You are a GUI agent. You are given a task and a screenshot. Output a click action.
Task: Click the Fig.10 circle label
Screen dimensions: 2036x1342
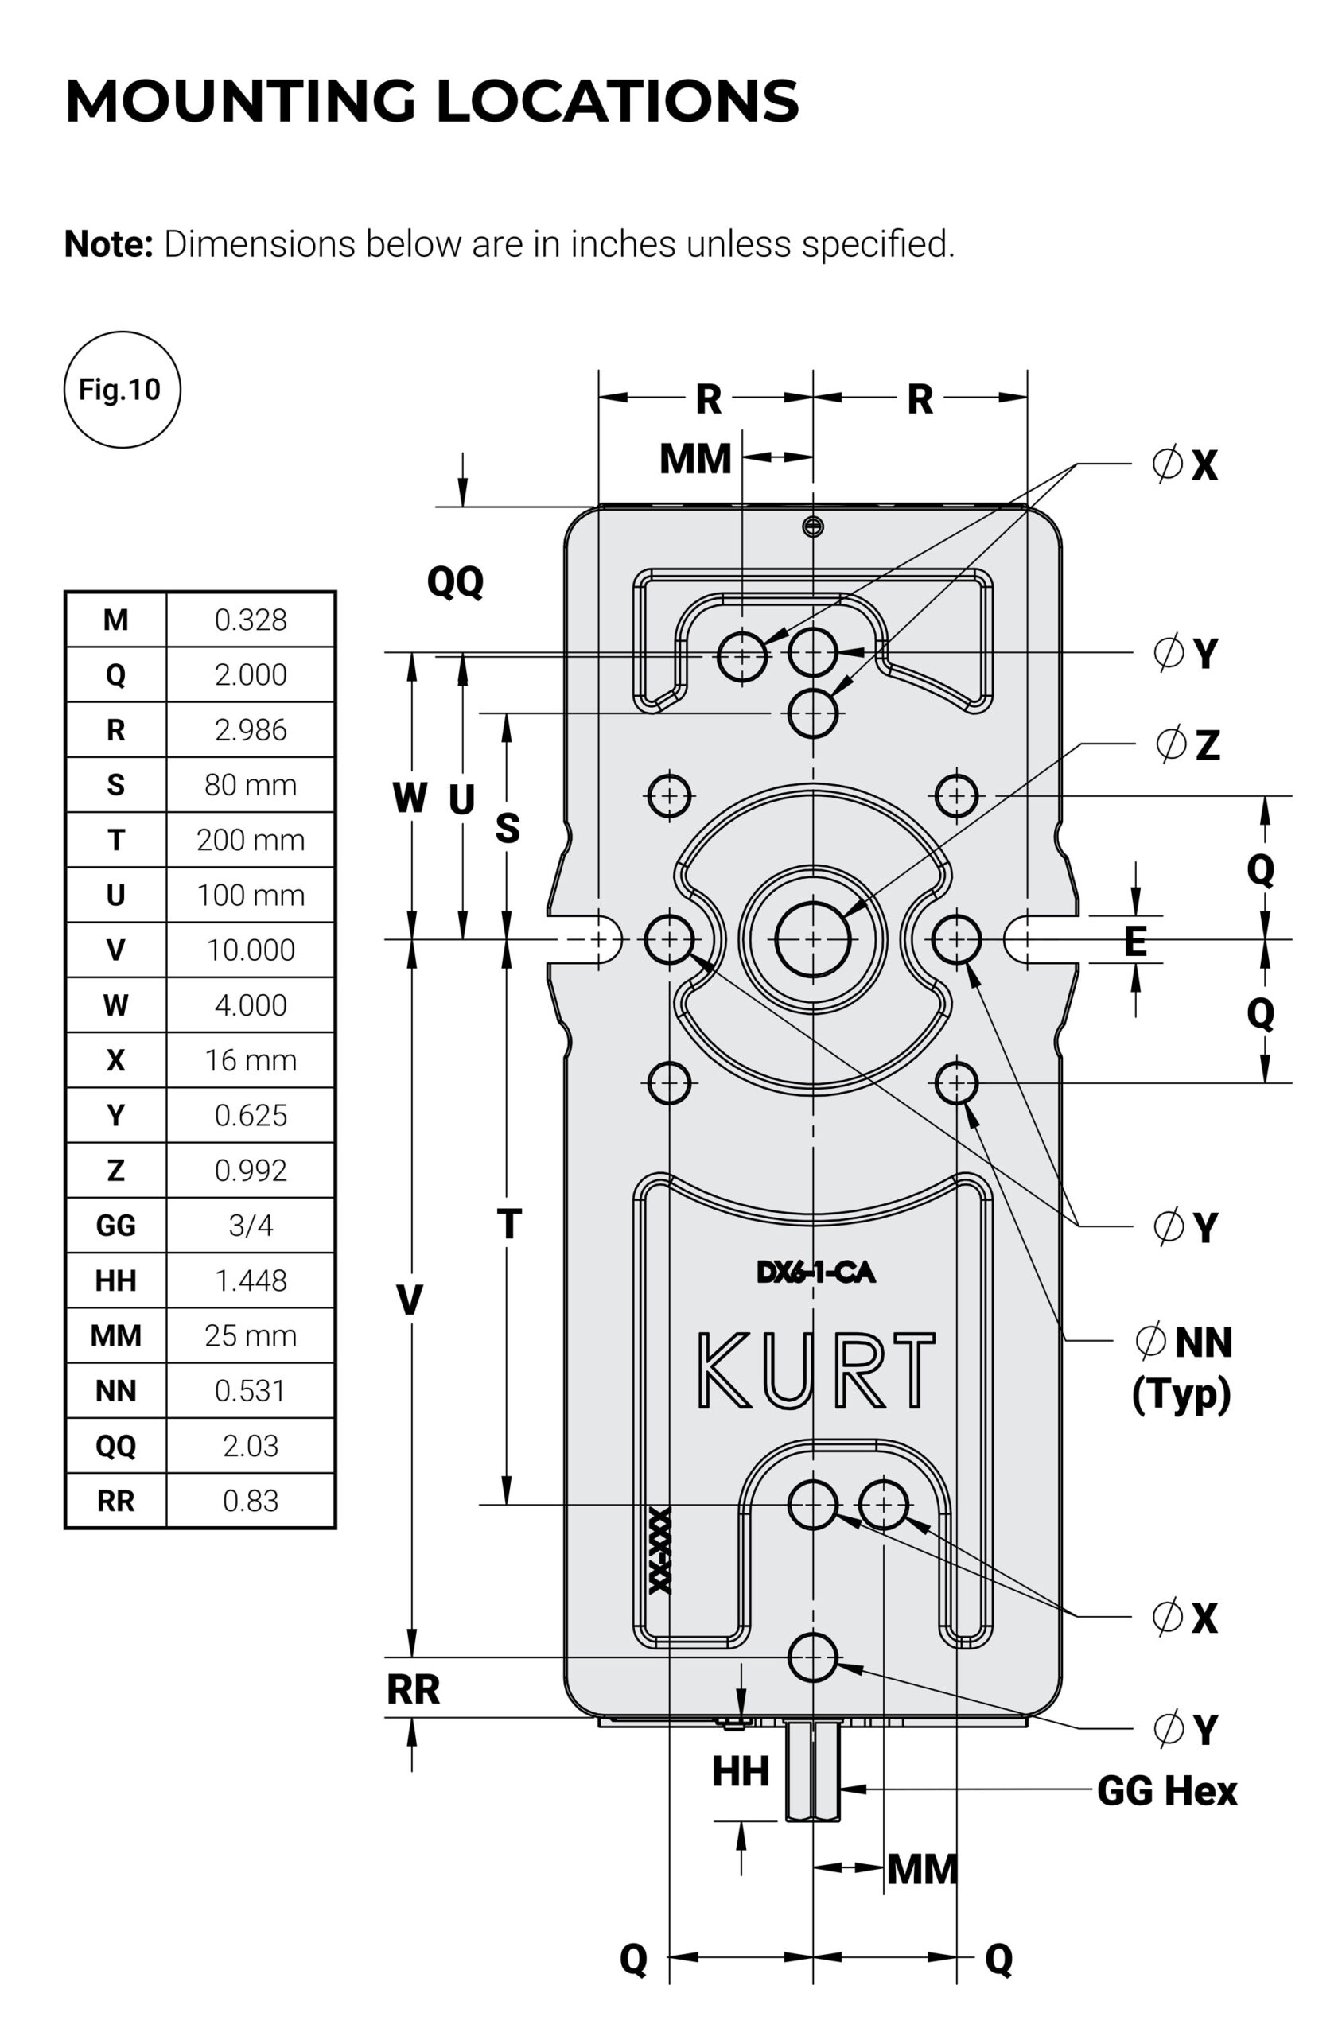pyautogui.click(x=122, y=390)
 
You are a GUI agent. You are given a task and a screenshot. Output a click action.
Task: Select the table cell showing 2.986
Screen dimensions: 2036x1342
pyautogui.click(x=250, y=730)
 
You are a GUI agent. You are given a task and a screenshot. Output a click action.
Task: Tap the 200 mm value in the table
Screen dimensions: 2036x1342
pyautogui.click(x=250, y=840)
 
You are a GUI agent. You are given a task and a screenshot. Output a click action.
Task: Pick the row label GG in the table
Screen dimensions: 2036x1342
pyautogui.click(x=115, y=1226)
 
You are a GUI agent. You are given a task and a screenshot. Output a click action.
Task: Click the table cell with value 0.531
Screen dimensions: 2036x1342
pyautogui.click(x=250, y=1391)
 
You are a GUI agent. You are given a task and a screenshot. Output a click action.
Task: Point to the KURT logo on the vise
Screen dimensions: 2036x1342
pyautogui.click(x=815, y=1370)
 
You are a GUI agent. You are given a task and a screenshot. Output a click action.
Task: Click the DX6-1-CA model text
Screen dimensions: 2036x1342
pyautogui.click(x=815, y=1273)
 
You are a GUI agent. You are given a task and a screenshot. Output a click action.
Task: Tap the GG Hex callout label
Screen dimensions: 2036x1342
pyautogui.click(x=1165, y=1791)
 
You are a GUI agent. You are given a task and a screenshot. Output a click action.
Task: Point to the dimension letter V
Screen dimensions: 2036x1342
pyautogui.click(x=410, y=1301)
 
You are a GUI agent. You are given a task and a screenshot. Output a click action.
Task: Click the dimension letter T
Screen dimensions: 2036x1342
pyautogui.click(x=508, y=1224)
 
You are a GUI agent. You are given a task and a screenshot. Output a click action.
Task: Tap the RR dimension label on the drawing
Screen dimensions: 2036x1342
pyautogui.click(x=413, y=1689)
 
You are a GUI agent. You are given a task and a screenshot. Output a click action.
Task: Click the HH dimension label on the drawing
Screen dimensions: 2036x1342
pyautogui.click(x=741, y=1772)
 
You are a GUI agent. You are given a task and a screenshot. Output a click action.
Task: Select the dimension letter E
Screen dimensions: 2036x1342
pyautogui.click(x=1135, y=942)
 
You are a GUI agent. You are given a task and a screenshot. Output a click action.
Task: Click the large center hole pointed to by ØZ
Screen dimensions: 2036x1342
pyautogui.click(x=812, y=939)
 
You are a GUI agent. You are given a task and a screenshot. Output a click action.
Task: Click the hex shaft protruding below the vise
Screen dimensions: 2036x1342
pyautogui.click(x=813, y=1773)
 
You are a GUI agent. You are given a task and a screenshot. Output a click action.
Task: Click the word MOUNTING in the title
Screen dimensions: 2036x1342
pyautogui.click(x=239, y=101)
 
